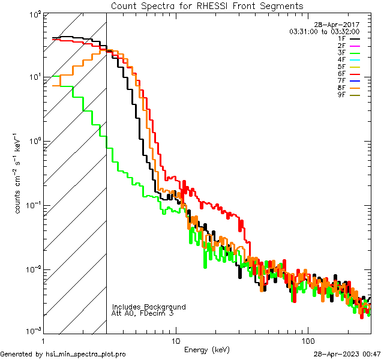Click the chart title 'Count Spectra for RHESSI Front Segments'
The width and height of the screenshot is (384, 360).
(x=207, y=5)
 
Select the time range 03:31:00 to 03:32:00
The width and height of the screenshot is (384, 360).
(x=324, y=31)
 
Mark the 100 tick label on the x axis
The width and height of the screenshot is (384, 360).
(x=307, y=341)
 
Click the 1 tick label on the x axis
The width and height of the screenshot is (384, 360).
(x=44, y=341)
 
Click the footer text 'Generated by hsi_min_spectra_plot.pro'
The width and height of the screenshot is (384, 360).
(x=63, y=354)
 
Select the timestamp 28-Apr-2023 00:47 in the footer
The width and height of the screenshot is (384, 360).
(x=347, y=354)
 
